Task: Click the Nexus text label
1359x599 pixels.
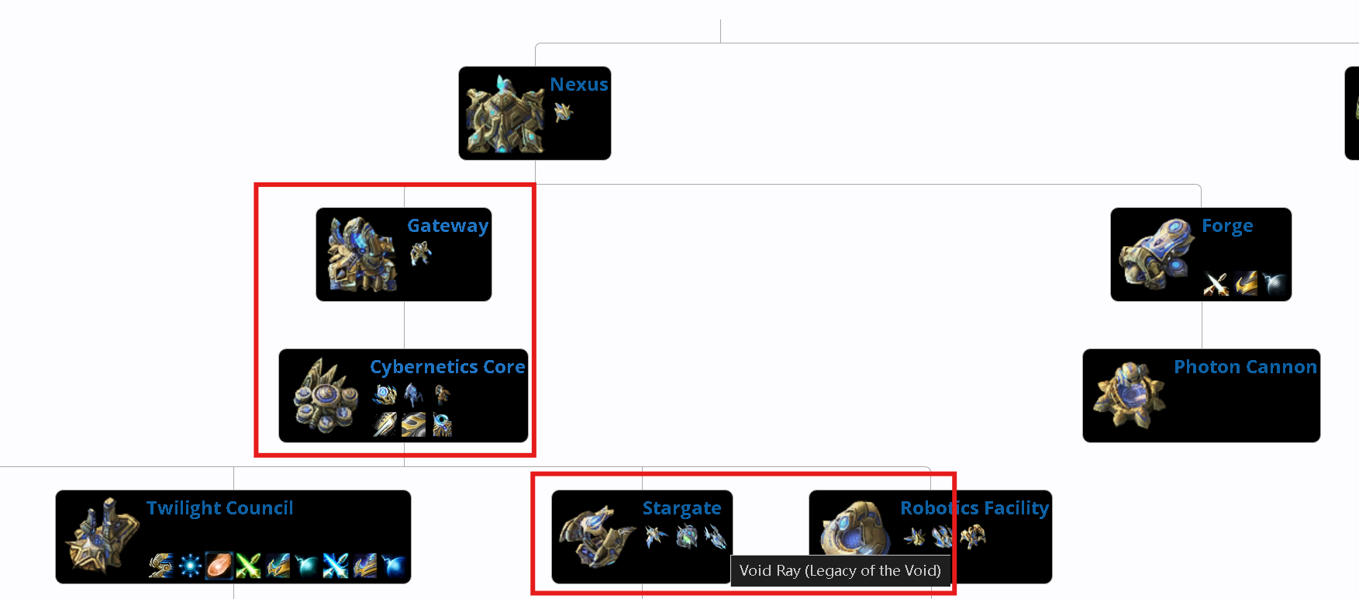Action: (x=578, y=85)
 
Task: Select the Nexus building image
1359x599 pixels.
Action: (x=504, y=114)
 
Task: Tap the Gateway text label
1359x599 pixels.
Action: (x=447, y=226)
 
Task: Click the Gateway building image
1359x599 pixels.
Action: (x=361, y=254)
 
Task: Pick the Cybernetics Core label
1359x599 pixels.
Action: (x=447, y=367)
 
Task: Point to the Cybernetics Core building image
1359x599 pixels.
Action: (x=325, y=396)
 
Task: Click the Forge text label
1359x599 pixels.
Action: (x=1226, y=226)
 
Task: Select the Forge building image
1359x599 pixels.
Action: (x=1155, y=254)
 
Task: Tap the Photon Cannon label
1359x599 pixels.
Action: (x=1245, y=367)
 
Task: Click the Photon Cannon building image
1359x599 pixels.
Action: (x=1128, y=396)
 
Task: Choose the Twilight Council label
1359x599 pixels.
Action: (x=219, y=508)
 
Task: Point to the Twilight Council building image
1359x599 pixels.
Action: (x=101, y=536)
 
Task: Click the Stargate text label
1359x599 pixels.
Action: (x=681, y=508)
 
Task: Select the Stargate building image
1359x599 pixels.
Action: (x=595, y=536)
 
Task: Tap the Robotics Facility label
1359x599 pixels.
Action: (x=974, y=508)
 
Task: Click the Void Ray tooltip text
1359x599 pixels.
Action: (x=840, y=571)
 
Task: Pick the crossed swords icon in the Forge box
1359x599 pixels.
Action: (x=1216, y=285)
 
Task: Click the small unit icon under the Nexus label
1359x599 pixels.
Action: (x=564, y=113)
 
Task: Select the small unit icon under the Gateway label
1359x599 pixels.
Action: (x=420, y=253)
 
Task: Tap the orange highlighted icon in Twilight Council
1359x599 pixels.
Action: (x=219, y=566)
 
